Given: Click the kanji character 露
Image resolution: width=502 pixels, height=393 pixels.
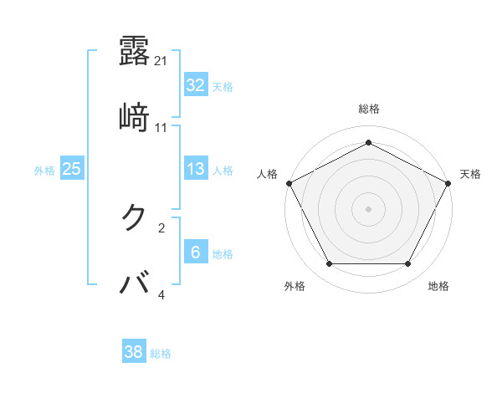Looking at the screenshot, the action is coord(135,51).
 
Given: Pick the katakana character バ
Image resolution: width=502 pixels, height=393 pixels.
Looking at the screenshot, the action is coord(135,283).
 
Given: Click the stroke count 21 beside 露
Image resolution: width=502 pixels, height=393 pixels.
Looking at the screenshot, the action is coord(161,61).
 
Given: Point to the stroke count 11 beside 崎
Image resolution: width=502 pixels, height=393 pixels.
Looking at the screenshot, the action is coord(161,128).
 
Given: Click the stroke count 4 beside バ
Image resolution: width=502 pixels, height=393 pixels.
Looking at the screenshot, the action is coord(161,294).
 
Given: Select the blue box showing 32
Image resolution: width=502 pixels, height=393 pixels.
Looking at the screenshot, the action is coord(196,84).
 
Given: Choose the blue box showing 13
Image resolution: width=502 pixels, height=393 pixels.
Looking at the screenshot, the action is coord(196,169).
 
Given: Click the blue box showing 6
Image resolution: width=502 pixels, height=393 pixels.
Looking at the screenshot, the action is coord(196,253).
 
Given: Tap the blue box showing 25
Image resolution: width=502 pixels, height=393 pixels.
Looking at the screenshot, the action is coord(71,169).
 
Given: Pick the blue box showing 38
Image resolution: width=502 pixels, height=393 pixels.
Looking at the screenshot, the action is coord(134,352).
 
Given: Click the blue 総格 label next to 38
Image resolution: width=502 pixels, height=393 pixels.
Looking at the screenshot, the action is coord(161,354).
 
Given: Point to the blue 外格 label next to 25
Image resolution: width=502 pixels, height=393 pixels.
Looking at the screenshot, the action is coord(44,171).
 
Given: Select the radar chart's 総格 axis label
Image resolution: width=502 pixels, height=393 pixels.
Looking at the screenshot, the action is coord(369,109).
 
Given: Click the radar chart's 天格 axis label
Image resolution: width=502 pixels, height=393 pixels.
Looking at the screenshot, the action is coord(470,174).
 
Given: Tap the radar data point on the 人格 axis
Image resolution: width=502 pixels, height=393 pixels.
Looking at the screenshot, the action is coord(289,182).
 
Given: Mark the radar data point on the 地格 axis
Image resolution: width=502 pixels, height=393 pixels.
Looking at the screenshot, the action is coord(408,264).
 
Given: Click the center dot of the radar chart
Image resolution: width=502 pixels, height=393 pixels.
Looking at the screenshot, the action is coord(369,208).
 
